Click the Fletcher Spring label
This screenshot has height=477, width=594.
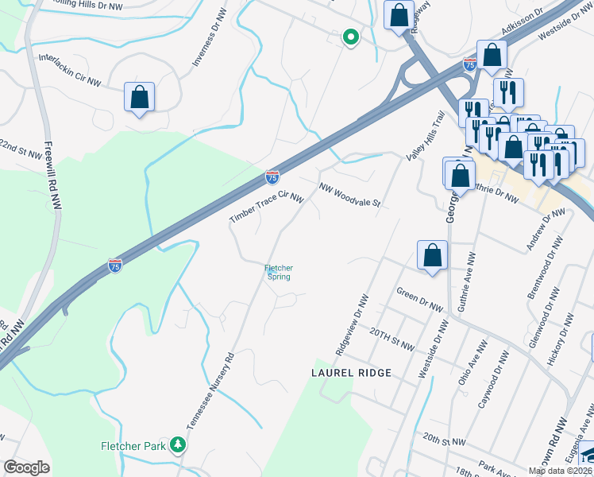[x=278, y=272]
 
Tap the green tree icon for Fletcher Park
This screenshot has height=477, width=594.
[x=180, y=445]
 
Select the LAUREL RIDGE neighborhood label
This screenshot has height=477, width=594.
[x=352, y=373]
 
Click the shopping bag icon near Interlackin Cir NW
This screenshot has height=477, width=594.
[x=139, y=98]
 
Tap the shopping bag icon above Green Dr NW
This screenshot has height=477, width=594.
[x=432, y=256]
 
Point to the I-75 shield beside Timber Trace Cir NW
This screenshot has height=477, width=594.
[x=272, y=177]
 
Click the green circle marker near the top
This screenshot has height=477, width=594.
[x=349, y=37]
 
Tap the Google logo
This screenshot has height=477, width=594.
[x=26, y=467]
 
